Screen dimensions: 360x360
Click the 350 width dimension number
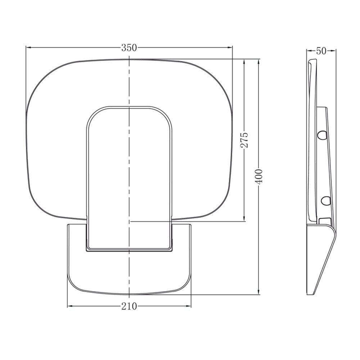tap(129, 48)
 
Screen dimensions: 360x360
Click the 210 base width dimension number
tap(129, 306)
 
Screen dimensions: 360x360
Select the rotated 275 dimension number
tap(244, 140)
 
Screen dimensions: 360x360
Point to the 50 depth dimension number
tap(321, 51)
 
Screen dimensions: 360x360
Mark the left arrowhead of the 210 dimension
tap(70, 306)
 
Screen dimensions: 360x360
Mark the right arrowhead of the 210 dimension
tap(188, 306)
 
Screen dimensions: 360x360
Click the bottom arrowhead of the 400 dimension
tap(259, 292)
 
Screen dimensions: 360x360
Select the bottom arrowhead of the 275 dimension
tap(244, 219)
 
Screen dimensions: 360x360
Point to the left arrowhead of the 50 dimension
tap(309, 51)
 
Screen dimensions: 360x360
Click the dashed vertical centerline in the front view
tap(129, 162)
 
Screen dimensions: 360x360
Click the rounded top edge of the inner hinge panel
tap(129, 107)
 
